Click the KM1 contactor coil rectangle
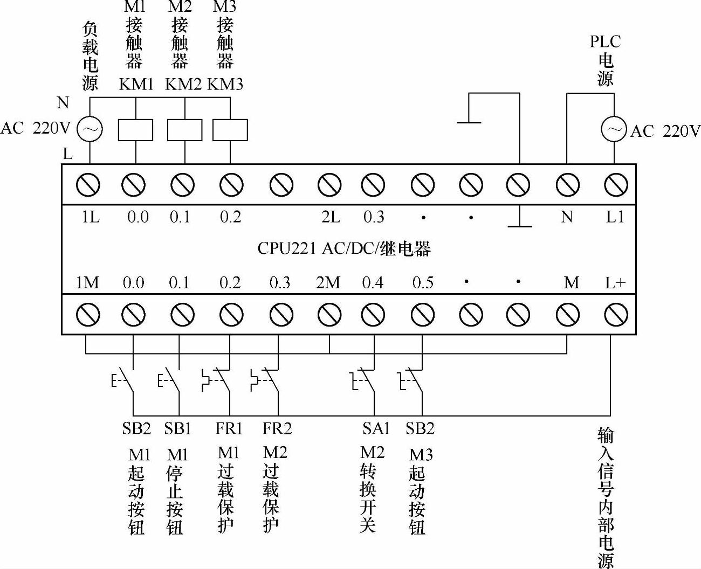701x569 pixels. (x=135, y=130)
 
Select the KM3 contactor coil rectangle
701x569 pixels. (x=230, y=130)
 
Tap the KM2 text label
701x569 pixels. (x=183, y=84)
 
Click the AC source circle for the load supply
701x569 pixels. (x=90, y=129)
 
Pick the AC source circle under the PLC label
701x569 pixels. (x=614, y=130)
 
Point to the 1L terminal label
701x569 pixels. (x=90, y=217)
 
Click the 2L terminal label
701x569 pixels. (x=331, y=217)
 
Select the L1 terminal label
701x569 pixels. (x=615, y=217)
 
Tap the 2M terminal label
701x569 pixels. (x=328, y=282)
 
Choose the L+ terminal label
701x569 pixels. (x=615, y=282)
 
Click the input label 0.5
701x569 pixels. (x=423, y=282)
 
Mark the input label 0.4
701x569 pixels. (x=373, y=282)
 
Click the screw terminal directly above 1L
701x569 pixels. (x=88, y=185)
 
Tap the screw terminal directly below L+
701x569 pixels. (x=615, y=315)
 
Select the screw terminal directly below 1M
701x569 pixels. (x=88, y=315)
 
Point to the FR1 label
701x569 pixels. (x=229, y=428)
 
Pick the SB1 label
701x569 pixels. (x=178, y=428)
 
